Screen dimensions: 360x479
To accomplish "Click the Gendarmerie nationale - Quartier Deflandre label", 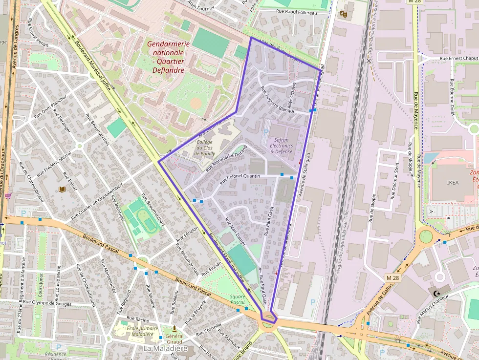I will click(x=168, y=57).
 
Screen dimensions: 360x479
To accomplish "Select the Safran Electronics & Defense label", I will click(x=281, y=146).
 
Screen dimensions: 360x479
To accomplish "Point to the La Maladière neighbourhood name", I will click(x=165, y=349).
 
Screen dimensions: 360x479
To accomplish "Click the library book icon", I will click(x=62, y=189).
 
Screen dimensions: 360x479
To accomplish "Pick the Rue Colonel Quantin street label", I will click(x=239, y=176).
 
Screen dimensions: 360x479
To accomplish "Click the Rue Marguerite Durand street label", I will click(x=226, y=158).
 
